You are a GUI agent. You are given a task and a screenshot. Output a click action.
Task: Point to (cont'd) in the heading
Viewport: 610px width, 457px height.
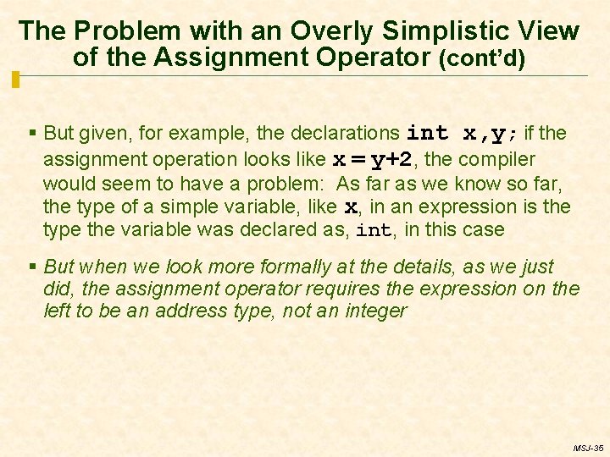coord(481,59)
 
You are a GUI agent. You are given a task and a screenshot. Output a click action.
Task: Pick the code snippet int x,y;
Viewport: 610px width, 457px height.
coord(463,133)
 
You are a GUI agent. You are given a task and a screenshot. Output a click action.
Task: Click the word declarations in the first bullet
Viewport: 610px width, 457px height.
coord(346,133)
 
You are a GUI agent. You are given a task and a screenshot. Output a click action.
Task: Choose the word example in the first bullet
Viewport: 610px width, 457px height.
coord(248,133)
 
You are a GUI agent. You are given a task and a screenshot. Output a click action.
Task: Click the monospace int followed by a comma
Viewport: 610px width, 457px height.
coord(375,230)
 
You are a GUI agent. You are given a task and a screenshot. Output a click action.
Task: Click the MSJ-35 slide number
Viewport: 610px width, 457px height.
coord(587,448)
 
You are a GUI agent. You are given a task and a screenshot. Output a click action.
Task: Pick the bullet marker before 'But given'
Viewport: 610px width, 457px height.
coord(32,134)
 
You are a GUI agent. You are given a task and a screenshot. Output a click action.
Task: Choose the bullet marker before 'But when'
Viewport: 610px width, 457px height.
coord(32,267)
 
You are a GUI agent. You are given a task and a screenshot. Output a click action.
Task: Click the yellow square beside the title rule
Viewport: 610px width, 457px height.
coord(15,80)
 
